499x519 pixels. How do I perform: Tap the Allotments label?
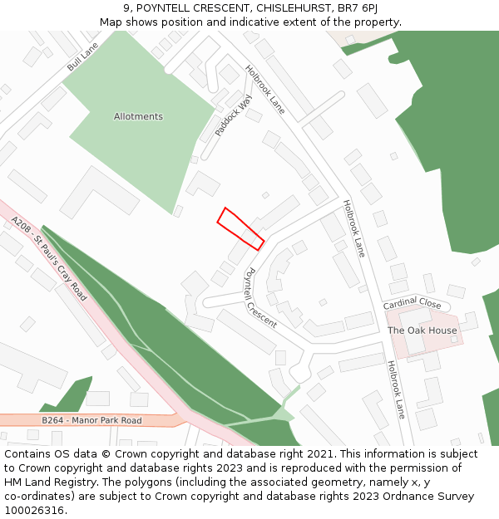coord(138,117)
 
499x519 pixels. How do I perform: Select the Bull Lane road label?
coord(82,56)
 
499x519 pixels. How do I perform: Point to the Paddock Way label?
coord(233,115)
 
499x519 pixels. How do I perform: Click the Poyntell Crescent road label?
coord(260,297)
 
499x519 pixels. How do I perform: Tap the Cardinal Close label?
coord(412,304)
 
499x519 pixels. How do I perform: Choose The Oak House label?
coord(422,330)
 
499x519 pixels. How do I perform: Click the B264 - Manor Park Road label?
coord(91,421)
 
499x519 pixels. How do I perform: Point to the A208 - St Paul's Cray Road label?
coord(49,258)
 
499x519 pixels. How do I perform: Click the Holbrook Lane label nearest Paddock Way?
coord(265,89)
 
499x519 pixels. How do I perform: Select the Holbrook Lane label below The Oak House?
coord(395,389)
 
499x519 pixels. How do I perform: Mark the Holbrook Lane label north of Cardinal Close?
coord(353,228)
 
